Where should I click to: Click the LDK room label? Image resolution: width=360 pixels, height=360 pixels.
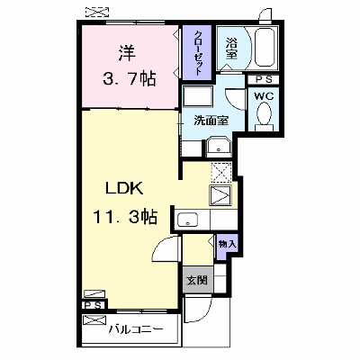coord(123,188)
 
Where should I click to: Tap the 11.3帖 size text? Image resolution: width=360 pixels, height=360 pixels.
coord(125,217)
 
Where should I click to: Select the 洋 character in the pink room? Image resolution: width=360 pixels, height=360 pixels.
coord(126,53)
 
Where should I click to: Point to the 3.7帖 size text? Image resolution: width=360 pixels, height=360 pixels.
coord(130,79)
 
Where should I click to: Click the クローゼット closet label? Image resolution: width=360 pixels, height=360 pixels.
coord(197,52)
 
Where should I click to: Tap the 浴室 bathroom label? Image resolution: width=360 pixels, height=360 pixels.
coord(231,48)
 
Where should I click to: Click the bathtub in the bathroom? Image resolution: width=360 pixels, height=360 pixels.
coord(265,48)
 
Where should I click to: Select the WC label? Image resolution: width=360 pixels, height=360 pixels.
coord(264,96)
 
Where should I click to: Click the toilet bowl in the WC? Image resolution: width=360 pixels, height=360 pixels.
coord(265,114)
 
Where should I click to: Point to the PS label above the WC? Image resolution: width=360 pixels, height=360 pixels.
coord(264,80)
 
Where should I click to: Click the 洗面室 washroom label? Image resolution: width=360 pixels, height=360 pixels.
coord(211,121)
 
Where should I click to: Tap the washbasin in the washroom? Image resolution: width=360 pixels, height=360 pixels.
coord(219,148)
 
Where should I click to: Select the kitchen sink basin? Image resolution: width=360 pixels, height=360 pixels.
coord(188,220)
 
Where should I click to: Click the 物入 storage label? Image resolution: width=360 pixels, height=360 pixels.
coord(227,244)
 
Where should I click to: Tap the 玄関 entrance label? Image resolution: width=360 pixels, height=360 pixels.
coord(197,281)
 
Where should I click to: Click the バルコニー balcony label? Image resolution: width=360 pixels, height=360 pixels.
coord(136,330)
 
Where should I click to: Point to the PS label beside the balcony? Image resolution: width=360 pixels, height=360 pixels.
coord(94,305)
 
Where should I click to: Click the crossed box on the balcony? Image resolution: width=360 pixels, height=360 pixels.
coord(94,320)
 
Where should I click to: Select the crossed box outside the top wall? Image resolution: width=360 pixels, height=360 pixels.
coord(97,12)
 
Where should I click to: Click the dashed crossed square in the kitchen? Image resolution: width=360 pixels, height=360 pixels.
coord(221,173)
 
